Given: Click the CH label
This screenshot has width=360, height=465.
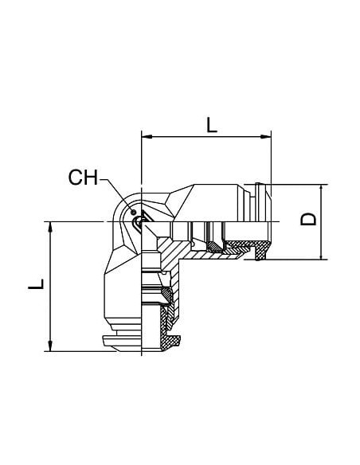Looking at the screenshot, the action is point(83,177).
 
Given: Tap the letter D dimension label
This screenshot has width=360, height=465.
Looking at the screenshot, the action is point(308,219).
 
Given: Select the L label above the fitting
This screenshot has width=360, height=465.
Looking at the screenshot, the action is point(212,125).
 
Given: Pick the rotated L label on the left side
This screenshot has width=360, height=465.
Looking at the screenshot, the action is point(36,283).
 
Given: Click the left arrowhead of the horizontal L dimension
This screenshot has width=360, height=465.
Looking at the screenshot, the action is point(147,136).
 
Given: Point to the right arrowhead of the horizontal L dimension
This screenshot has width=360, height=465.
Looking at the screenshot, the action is point(266,136).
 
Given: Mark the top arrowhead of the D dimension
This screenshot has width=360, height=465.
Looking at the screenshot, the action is point(321,190).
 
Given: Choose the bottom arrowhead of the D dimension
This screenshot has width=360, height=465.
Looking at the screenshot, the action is point(321,254).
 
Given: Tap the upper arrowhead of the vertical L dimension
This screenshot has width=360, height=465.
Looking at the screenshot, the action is point(50,227).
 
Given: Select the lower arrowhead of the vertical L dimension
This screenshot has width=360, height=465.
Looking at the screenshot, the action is point(50,346).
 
